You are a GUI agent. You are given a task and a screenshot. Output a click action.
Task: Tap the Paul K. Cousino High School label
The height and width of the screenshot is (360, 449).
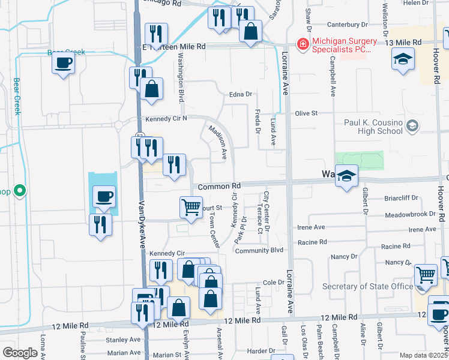tap(373, 127)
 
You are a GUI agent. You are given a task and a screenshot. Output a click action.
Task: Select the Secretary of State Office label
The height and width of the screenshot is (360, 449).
tap(368, 286)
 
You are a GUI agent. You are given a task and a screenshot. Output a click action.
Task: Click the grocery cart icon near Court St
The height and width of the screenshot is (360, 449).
tap(191, 207)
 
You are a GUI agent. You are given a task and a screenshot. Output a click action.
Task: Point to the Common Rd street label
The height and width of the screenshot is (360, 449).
tap(218, 187)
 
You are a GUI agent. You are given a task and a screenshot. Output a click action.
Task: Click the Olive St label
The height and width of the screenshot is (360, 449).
tap(305, 113)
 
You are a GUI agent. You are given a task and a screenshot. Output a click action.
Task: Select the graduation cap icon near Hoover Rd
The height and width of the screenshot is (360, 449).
tap(403, 59)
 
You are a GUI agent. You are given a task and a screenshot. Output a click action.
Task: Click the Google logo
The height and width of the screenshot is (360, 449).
tap(20, 353)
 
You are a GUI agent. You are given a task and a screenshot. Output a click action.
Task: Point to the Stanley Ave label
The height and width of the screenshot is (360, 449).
tap(122, 340)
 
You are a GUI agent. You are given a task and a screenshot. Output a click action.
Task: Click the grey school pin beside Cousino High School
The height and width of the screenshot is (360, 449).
tap(412, 126)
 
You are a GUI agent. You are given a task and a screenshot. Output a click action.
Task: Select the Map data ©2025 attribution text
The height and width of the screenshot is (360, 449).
tap(423, 355)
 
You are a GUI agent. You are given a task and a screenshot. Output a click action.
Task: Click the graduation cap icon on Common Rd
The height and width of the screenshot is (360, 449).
tap(346, 176)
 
